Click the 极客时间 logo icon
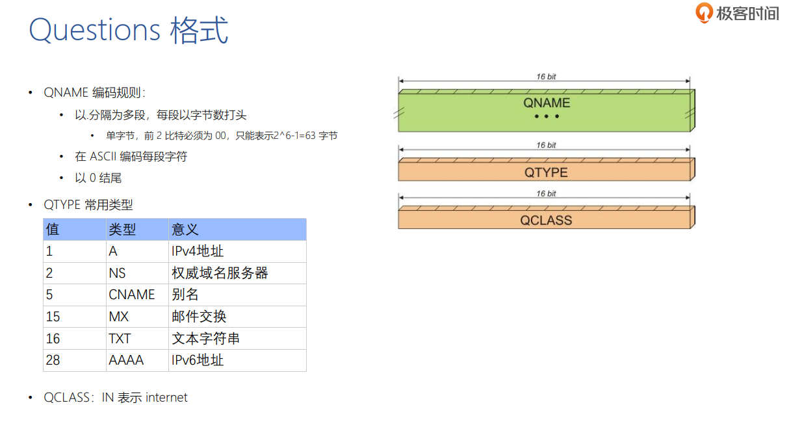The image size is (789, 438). tap(705, 12)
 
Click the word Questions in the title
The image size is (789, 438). tap(94, 30)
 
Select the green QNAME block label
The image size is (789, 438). tap(547, 103)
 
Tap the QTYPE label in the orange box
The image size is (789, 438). tap(546, 173)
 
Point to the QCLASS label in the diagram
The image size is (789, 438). tap(546, 220)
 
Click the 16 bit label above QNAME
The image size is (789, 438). tap(546, 77)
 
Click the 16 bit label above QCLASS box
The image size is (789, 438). tap(546, 193)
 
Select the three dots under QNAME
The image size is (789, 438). tap(547, 117)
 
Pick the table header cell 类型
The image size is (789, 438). tap(122, 230)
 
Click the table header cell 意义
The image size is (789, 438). tap(185, 230)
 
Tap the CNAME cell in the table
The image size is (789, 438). tap(131, 295)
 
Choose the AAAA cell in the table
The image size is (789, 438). tap(126, 360)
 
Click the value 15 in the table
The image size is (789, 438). tap(53, 317)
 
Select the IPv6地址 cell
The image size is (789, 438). tap(198, 360)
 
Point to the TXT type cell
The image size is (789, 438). tap(120, 339)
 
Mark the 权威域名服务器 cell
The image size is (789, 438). tap(220, 273)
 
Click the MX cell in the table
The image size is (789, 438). tap(118, 317)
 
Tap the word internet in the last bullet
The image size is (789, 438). tap(166, 397)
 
